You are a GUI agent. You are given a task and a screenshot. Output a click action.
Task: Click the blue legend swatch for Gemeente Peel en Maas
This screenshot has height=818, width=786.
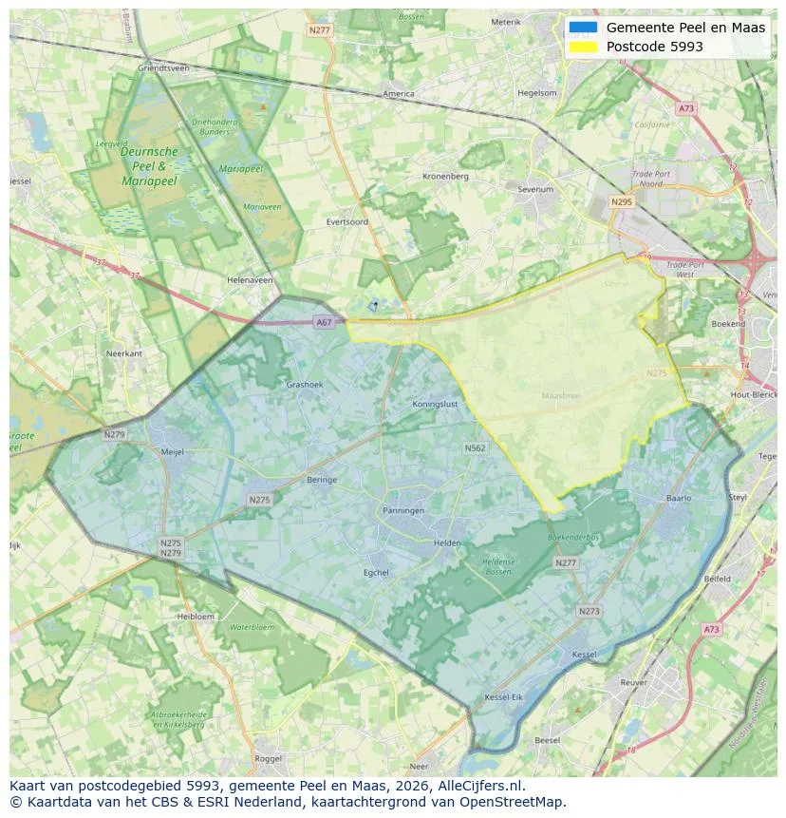(584, 28)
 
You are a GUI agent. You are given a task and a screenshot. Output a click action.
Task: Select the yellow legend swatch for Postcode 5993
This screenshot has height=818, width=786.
(584, 47)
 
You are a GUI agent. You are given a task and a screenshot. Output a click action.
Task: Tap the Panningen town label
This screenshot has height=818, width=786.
(403, 510)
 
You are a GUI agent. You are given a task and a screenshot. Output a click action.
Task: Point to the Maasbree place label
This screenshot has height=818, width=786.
(560, 395)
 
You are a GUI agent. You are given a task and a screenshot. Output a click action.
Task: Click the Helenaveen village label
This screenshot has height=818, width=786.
(250, 280)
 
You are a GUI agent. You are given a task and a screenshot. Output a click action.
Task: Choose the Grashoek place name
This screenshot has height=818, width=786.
(305, 385)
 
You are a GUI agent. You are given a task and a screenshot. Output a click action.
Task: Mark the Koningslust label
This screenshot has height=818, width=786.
(436, 404)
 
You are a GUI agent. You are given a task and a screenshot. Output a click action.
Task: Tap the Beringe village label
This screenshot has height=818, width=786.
(322, 480)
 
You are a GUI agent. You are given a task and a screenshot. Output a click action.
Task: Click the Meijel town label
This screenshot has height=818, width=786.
(173, 452)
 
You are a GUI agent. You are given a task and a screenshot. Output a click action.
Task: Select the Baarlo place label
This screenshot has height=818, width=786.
(679, 498)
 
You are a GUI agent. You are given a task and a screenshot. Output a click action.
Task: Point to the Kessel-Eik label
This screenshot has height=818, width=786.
(503, 698)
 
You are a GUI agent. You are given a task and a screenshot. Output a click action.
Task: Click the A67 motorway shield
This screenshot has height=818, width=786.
(325, 322)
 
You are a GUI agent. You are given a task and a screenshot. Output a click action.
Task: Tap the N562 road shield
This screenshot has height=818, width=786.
(475, 447)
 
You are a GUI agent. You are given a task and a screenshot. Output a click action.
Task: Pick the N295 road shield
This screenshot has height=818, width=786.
(622, 201)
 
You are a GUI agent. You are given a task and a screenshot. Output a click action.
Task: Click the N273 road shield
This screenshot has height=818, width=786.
(589, 611)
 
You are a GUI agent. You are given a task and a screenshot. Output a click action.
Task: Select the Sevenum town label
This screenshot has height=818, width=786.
(535, 189)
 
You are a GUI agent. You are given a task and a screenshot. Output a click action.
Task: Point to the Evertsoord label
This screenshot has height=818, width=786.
(346, 221)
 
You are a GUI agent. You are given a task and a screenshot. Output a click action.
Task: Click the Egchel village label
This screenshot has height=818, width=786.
(377, 572)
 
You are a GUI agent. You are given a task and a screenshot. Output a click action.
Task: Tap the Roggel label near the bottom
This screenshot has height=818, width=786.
(269, 758)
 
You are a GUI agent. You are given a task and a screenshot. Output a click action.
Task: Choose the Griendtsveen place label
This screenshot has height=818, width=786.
(163, 68)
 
